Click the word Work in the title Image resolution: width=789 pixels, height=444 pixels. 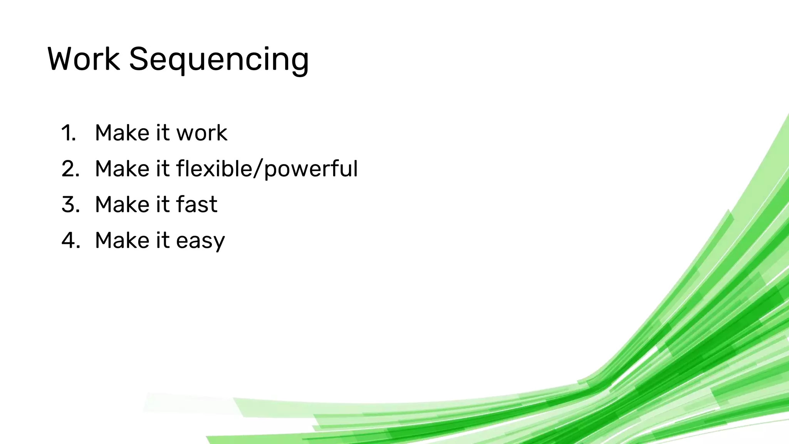point(84,59)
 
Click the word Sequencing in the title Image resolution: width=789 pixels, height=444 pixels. point(218,60)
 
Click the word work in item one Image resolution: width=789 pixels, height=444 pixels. point(201,133)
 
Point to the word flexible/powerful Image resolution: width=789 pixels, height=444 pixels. point(267,169)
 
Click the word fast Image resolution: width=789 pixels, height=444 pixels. point(196,204)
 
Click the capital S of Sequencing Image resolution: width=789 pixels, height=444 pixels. point(139,59)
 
